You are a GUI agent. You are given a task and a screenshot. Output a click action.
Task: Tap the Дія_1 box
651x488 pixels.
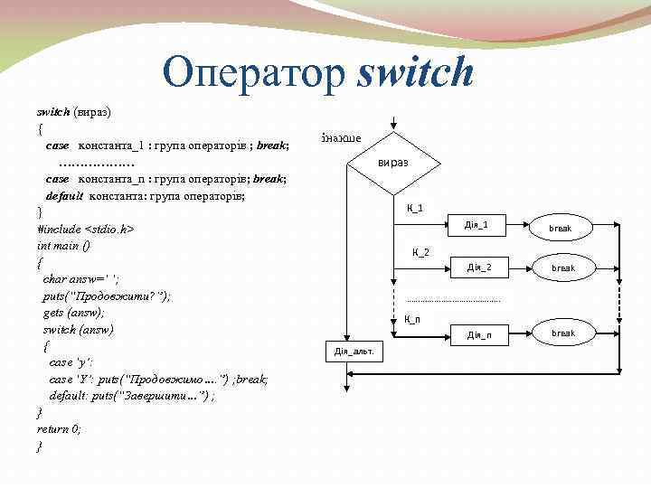tap(476, 225)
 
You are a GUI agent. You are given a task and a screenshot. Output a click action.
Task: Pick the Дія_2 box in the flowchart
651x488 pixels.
tap(479, 267)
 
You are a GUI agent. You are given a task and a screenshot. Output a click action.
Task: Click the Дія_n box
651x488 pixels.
tap(479, 335)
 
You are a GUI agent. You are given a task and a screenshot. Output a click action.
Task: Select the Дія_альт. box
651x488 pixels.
tap(354, 351)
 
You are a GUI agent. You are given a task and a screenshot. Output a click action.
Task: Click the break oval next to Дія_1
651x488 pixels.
tap(561, 228)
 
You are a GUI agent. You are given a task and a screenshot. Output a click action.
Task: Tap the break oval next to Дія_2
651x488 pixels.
tap(561, 268)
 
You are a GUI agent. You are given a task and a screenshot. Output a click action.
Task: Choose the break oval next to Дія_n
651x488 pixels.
tap(562, 333)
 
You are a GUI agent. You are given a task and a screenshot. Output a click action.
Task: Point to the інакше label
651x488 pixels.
tap(341, 138)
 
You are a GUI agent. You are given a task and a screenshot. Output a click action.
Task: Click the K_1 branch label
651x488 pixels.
tap(415, 209)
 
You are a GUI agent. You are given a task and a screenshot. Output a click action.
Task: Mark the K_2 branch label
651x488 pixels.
tap(420, 251)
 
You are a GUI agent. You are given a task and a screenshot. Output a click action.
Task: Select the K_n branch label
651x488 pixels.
tap(411, 318)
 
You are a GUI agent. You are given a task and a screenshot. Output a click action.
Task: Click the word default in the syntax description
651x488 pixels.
tap(64, 195)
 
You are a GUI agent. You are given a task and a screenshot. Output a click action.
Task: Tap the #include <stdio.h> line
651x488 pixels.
tap(86, 230)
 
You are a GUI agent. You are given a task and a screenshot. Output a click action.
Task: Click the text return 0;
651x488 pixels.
tap(59, 429)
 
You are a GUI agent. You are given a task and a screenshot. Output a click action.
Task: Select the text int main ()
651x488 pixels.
tap(63, 246)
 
